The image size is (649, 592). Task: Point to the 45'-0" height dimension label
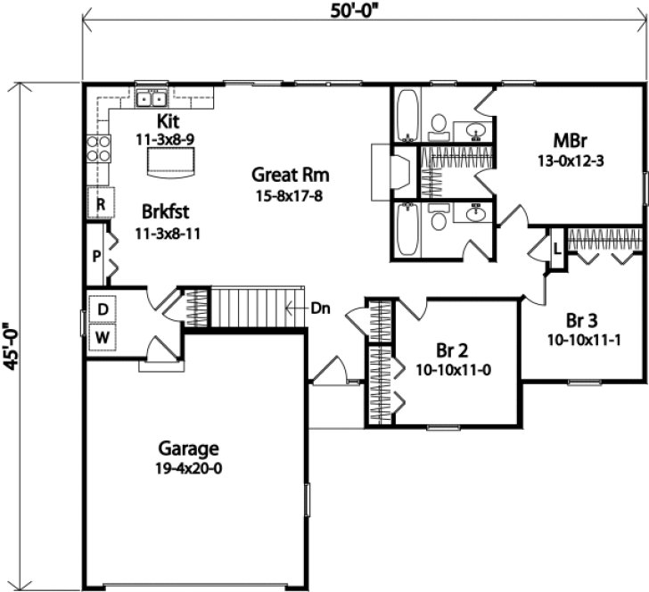[11, 340]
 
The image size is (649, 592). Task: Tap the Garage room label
[189, 448]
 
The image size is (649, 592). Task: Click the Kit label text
[168, 120]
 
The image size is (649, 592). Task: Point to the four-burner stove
[98, 148]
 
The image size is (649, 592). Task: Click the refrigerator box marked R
[102, 204]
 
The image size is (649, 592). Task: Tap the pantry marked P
[96, 254]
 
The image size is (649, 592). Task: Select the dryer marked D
[103, 308]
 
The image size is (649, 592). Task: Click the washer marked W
[103, 338]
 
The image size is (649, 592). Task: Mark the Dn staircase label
[321, 308]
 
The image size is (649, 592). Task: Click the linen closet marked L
[557, 248]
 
